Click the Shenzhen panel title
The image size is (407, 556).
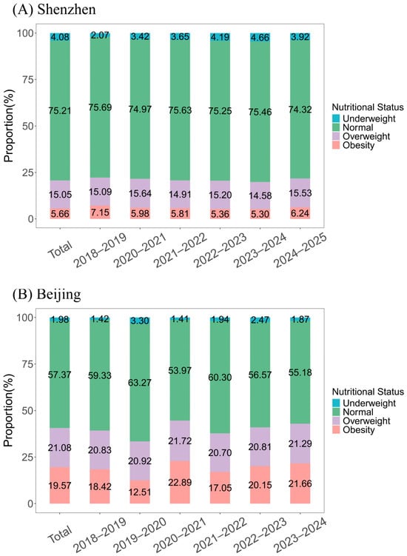coord(54,10)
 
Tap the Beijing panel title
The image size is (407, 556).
coord(47,295)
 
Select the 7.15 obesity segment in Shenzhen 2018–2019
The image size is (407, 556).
coord(100,212)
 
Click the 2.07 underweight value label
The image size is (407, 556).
coord(100,35)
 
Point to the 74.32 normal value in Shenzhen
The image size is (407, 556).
coord(300,110)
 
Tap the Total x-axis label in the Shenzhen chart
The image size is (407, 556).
coord(60,249)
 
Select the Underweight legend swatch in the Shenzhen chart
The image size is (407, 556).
coord(336,118)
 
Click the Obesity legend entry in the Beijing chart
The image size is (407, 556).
coord(353,430)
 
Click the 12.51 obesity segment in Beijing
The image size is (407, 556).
coord(140,492)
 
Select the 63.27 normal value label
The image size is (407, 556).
coord(140,383)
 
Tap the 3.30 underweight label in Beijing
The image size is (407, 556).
coord(140,321)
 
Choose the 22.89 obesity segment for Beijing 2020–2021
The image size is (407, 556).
coord(180,482)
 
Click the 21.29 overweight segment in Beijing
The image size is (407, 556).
coord(300,443)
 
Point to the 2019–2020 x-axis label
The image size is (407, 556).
coord(141,535)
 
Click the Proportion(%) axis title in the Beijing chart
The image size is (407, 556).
coord(8,411)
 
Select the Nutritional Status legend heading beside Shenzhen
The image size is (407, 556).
coord(368,107)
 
